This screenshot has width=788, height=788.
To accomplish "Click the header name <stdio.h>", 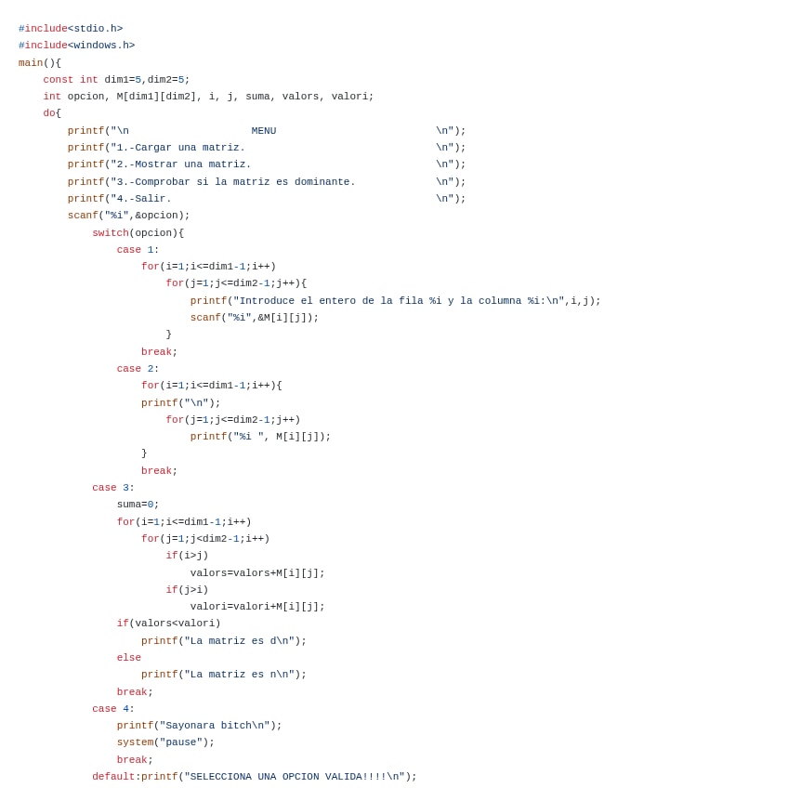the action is point(95,29).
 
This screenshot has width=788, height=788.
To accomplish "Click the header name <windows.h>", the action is point(101,46).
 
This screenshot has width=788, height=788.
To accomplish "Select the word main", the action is point(31,63).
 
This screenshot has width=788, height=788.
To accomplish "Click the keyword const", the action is point(58,80).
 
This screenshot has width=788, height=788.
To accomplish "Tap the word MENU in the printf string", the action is point(263,131).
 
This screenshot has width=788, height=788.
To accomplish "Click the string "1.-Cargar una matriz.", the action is point(177,148).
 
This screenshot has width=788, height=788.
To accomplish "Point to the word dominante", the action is point(324,182).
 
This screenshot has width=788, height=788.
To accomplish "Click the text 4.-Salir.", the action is point(141,199).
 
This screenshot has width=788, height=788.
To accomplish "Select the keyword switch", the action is point(110,233).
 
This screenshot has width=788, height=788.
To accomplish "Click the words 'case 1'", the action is point(135,250).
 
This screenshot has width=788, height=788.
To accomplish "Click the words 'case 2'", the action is point(135,369).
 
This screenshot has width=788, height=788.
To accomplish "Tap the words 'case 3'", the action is point(110,488).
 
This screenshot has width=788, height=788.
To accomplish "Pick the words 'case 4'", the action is point(110,709).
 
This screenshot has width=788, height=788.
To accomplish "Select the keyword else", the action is point(128,658).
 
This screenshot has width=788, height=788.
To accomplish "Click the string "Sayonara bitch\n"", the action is point(217,726).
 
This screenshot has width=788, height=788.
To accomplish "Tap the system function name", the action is point(135,742).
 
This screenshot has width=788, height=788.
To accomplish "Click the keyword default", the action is point(113,777).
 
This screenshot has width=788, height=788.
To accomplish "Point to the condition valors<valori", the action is point(175,624).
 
